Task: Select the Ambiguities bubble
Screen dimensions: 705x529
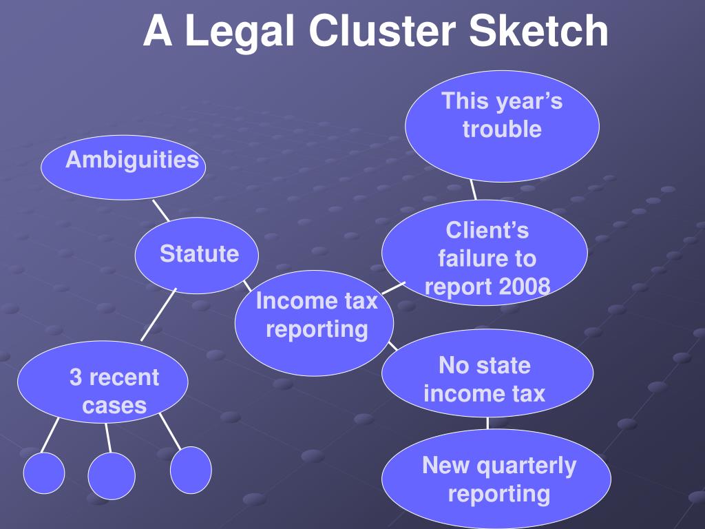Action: tap(123, 165)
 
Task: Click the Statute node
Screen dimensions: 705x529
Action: tap(198, 254)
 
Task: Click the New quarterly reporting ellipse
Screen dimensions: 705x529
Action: tap(497, 479)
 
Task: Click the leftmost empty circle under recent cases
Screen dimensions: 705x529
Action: tap(44, 475)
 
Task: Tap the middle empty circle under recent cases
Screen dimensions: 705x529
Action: tap(112, 475)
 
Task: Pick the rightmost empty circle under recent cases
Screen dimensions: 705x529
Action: tap(191, 470)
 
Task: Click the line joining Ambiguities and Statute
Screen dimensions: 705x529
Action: tap(160, 209)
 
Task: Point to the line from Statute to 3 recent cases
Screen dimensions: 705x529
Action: tap(158, 315)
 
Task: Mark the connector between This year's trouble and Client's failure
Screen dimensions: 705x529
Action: tap(474, 191)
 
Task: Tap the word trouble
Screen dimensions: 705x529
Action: tap(502, 129)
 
